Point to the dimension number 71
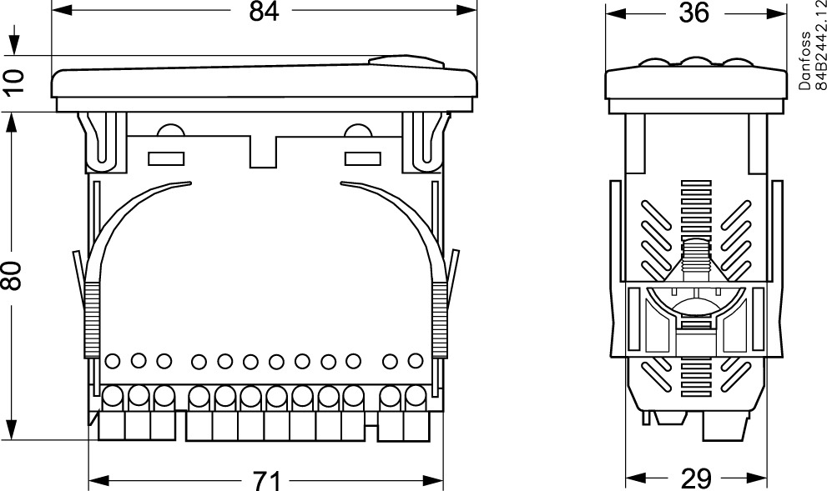[265, 480]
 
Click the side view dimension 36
[693, 13]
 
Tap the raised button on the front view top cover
[406, 62]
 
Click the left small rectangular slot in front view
[165, 158]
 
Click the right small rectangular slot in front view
[363, 158]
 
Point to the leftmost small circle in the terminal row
[113, 361]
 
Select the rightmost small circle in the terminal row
[415, 361]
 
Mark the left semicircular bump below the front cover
[170, 131]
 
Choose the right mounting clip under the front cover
[426, 142]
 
